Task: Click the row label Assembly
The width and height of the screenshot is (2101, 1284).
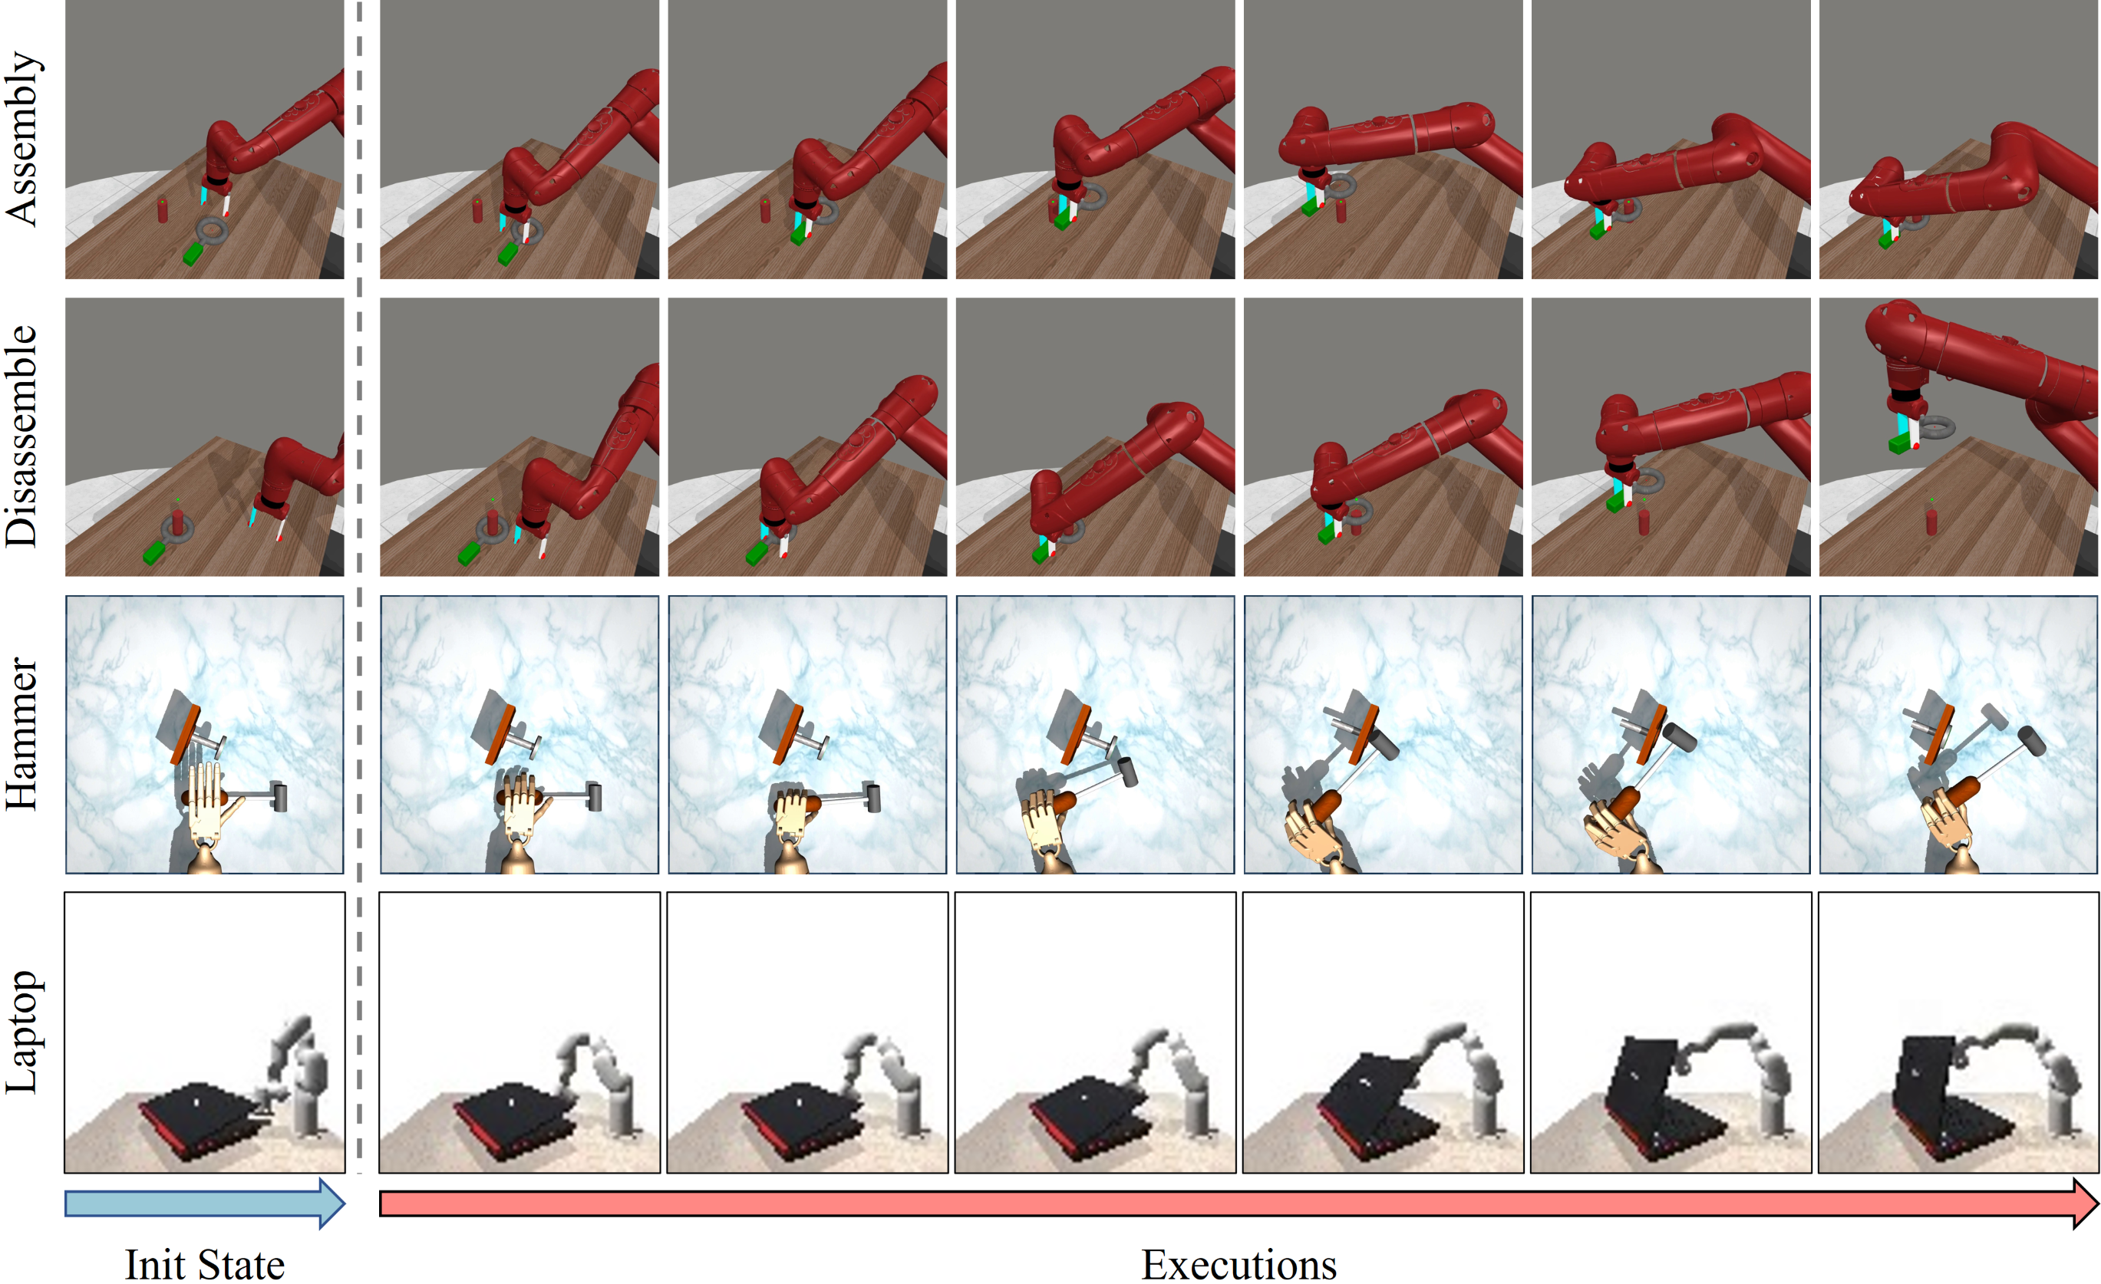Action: point(22,139)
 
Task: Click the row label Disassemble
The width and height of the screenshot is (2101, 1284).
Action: point(22,436)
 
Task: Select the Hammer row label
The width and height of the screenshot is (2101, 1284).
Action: point(22,734)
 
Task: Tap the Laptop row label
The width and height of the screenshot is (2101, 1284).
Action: point(22,1032)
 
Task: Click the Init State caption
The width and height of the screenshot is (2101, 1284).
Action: point(205,1263)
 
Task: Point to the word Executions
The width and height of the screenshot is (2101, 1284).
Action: point(1239,1263)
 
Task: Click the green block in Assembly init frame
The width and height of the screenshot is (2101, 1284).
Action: point(193,253)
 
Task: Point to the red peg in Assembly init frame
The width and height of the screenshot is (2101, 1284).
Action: point(162,209)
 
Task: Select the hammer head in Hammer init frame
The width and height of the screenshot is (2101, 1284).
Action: point(278,796)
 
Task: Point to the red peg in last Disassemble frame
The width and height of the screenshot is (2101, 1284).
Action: point(1931,519)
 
